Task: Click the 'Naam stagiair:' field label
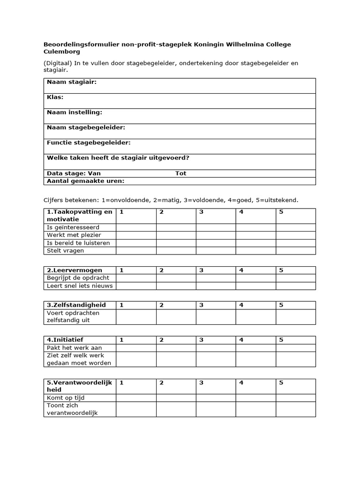pyautogui.click(x=72, y=82)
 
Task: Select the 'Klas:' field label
pyautogui.click(x=55, y=97)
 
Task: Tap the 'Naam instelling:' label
pyautogui.click(x=75, y=112)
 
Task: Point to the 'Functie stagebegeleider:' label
pyautogui.click(x=89, y=142)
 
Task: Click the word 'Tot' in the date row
pyautogui.click(x=180, y=173)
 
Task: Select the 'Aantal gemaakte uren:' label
pyautogui.click(x=85, y=180)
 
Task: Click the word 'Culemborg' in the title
pyautogui.click(x=62, y=52)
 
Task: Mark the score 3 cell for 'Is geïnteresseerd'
pyautogui.click(x=216, y=227)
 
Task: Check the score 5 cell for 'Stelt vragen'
pyautogui.click(x=295, y=250)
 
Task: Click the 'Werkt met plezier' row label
pyautogui.click(x=74, y=235)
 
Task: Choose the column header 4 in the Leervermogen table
pyautogui.click(x=241, y=270)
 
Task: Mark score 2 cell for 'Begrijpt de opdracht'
pyautogui.click(x=176, y=278)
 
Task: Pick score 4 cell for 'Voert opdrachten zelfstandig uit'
pyautogui.click(x=255, y=316)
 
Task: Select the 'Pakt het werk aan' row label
pyautogui.click(x=74, y=347)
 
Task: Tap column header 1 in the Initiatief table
pyautogui.click(x=121, y=339)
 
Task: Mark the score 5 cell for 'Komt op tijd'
pyautogui.click(x=295, y=397)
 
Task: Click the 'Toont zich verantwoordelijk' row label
pyautogui.click(x=72, y=409)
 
